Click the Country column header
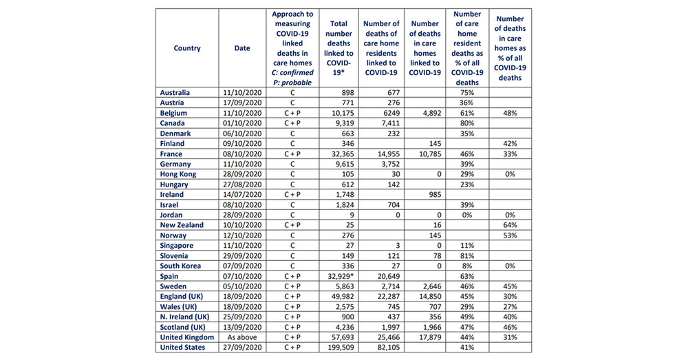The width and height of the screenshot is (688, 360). click(x=187, y=48)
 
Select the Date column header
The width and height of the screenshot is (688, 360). click(x=242, y=48)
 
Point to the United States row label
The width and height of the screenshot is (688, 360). click(x=183, y=348)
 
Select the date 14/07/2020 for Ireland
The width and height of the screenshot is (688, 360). click(x=242, y=194)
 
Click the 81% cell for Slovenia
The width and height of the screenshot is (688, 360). click(x=466, y=255)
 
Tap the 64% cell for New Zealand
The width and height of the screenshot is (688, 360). click(x=510, y=225)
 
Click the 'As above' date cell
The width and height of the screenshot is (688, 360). click(x=242, y=337)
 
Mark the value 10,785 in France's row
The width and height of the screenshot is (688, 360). click(x=424, y=153)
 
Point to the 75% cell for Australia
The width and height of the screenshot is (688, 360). click(x=466, y=92)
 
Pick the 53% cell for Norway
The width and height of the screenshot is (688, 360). click(x=510, y=235)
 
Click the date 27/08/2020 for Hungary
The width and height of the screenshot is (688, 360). click(x=242, y=184)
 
